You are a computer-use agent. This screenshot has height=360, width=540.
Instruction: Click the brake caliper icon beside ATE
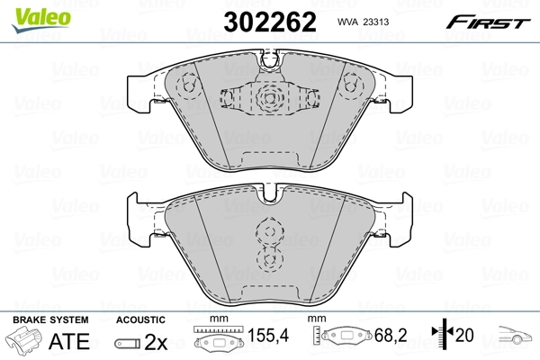(x=25, y=341)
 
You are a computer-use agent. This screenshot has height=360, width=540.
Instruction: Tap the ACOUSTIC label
(x=141, y=319)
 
